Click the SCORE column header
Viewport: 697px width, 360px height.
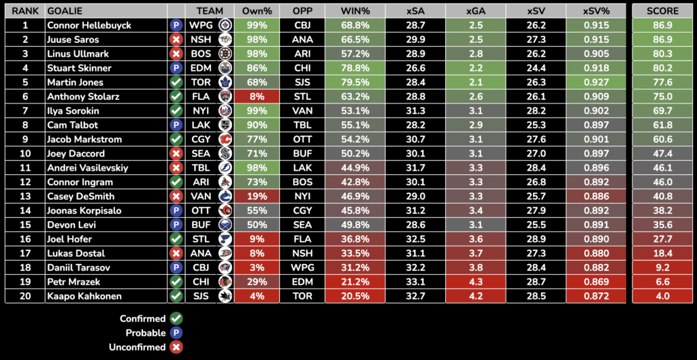coord(662,11)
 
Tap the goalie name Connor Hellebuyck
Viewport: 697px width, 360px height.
coord(89,25)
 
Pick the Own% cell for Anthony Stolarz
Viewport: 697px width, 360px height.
coord(257,97)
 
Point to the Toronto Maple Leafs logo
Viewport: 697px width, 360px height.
coord(225,82)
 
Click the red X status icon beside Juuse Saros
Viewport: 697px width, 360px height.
coord(176,39)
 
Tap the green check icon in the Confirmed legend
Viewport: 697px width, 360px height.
coord(176,318)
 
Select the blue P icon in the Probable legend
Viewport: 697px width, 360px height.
coord(176,333)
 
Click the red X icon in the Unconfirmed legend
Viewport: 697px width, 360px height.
coord(176,347)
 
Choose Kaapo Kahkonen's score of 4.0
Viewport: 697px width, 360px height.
coord(662,296)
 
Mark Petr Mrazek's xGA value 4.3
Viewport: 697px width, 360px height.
coord(476,282)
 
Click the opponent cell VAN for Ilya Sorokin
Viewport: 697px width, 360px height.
coord(302,111)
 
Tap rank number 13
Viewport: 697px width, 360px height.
coord(25,197)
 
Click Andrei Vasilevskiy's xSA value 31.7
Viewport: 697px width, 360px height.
coord(415,168)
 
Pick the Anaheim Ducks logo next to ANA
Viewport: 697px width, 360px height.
coord(225,254)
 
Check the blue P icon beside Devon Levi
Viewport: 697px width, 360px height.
coord(176,225)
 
